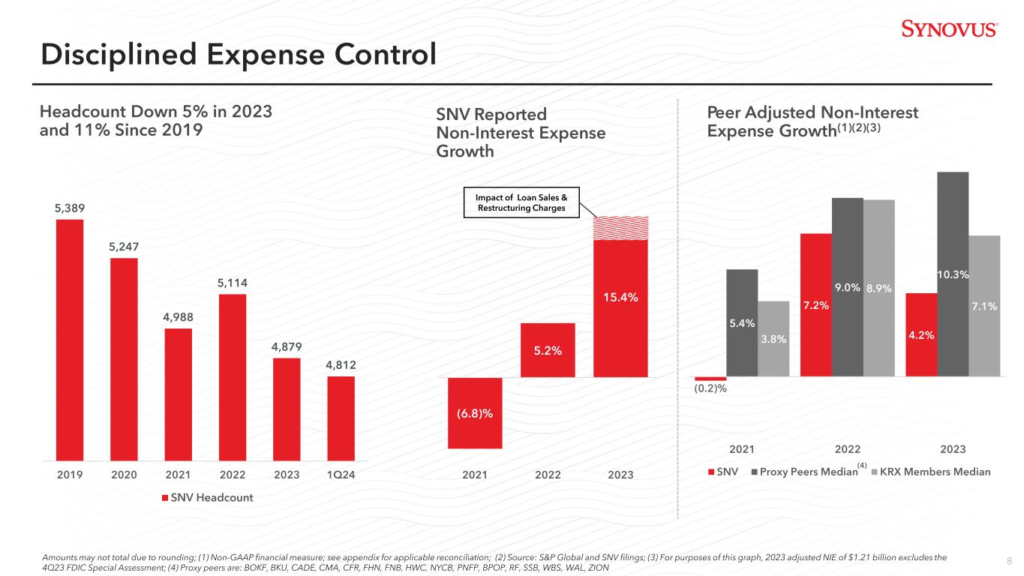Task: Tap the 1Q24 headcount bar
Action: (x=341, y=418)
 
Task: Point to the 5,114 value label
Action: (x=232, y=283)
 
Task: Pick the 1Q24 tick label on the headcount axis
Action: (x=341, y=475)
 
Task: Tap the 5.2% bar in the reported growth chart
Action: (x=548, y=350)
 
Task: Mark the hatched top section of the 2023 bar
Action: (x=620, y=228)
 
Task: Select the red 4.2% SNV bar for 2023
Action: (x=921, y=334)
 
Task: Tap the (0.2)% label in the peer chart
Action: (x=710, y=388)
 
